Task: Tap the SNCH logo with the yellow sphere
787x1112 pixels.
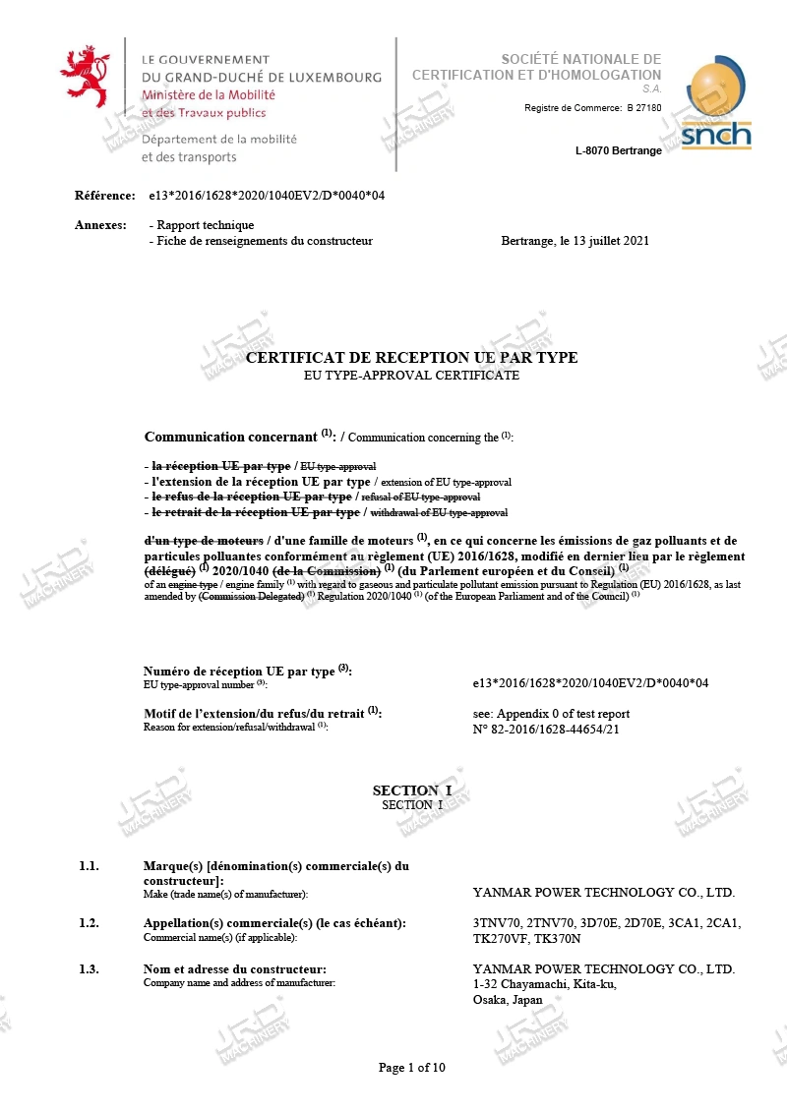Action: click(x=716, y=105)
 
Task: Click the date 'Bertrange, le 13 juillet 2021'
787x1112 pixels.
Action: click(x=575, y=241)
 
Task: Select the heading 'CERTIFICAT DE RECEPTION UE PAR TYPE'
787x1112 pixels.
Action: click(x=411, y=358)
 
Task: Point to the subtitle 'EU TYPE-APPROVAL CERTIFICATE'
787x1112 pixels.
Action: click(x=412, y=376)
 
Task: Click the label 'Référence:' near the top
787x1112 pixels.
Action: click(x=104, y=196)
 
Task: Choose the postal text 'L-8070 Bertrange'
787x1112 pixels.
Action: click(x=618, y=150)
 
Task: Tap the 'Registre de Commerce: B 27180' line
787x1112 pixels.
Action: click(x=592, y=108)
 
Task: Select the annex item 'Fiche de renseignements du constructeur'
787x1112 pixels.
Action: click(x=261, y=241)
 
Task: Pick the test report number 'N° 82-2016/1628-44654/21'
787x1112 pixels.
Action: click(x=546, y=729)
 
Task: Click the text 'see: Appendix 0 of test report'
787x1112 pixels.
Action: click(x=551, y=714)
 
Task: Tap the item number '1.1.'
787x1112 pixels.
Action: click(x=90, y=866)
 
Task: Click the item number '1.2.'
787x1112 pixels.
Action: click(x=90, y=923)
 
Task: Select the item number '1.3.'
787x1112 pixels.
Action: click(x=90, y=969)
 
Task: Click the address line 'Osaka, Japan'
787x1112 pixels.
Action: click(x=508, y=1000)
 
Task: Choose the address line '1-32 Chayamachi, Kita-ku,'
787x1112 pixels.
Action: click(x=544, y=984)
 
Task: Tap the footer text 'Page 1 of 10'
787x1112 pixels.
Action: click(x=412, y=1068)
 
